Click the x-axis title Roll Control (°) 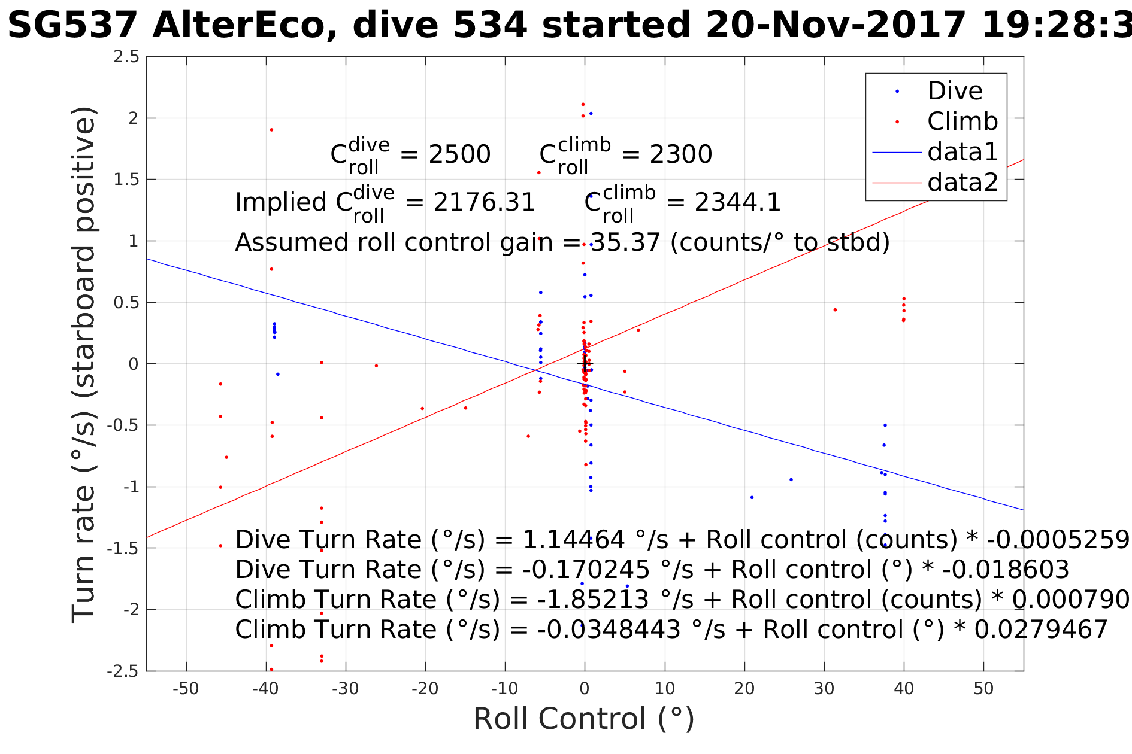583,719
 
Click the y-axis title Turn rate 84,365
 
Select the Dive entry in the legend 955,91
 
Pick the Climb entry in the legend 962,121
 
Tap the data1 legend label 963,152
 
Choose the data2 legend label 963,182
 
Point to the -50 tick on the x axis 186,689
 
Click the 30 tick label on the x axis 824,689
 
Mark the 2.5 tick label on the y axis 126,57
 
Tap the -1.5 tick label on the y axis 123,548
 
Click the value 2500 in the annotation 459,154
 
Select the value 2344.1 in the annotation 738,202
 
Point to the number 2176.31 484,202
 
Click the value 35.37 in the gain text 625,242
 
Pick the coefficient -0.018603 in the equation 1006,570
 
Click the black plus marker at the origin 585,363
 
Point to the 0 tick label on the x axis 585,689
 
